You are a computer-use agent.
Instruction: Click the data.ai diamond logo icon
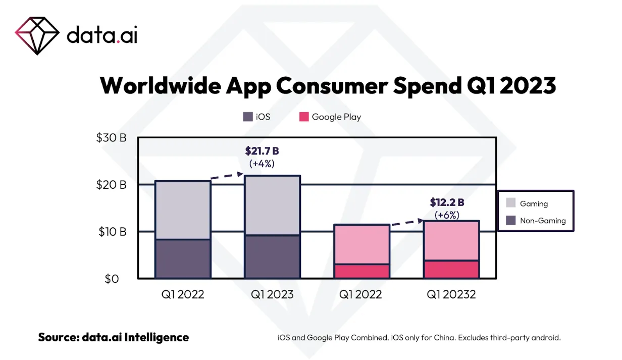click(x=37, y=35)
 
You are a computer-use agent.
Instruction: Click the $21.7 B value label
click(x=262, y=150)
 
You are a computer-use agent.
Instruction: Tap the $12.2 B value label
click(x=447, y=202)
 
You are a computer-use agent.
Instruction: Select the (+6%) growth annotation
click(x=447, y=215)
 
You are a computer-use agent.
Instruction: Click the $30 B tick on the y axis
click(x=111, y=137)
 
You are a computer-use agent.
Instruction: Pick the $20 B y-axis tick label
click(x=111, y=185)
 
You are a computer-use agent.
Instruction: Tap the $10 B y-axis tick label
click(x=111, y=232)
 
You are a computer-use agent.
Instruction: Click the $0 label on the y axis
click(x=111, y=278)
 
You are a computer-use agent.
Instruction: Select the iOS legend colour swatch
click(x=248, y=117)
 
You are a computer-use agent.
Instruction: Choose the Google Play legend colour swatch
click(x=303, y=117)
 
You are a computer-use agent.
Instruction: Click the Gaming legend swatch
click(x=511, y=203)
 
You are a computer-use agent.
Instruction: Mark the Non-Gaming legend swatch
click(x=511, y=220)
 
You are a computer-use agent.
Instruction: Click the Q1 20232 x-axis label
click(x=451, y=294)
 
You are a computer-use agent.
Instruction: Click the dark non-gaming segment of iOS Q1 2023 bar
click(x=273, y=256)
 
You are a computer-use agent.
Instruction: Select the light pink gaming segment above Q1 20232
click(x=451, y=240)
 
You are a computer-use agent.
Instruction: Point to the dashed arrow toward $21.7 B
click(x=227, y=176)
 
